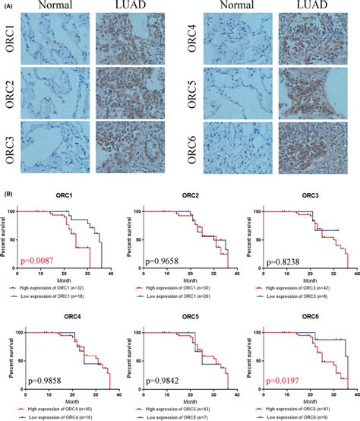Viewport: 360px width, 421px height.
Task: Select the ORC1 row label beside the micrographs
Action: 11,40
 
